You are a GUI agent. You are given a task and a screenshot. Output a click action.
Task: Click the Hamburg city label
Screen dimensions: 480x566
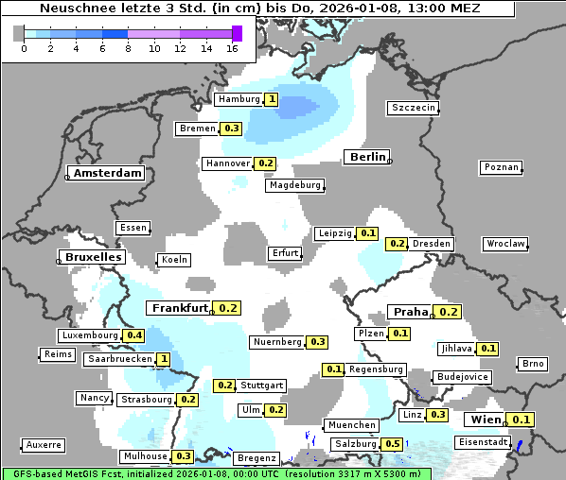click(x=239, y=99)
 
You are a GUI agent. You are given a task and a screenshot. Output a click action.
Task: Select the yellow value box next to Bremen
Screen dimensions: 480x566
click(x=232, y=129)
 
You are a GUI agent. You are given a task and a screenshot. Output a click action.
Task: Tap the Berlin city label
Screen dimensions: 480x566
click(x=367, y=157)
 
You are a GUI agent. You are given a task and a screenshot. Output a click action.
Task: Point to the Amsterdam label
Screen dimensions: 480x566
click(x=107, y=173)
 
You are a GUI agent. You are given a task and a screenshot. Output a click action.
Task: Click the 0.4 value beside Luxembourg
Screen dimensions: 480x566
click(x=133, y=335)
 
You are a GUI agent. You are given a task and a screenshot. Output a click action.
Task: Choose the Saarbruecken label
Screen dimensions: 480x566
click(x=118, y=359)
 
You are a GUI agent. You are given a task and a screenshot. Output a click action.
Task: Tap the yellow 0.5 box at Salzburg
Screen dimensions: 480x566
click(x=393, y=444)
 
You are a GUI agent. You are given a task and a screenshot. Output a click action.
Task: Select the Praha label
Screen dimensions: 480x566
click(x=411, y=312)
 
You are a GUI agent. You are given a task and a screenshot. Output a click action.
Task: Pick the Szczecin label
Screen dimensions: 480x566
click(x=414, y=108)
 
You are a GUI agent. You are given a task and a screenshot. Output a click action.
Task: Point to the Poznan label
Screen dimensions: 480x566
click(x=502, y=167)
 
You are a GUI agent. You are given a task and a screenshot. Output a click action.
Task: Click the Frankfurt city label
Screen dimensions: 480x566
click(x=180, y=308)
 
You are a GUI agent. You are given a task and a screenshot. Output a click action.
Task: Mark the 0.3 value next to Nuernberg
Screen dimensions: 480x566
click(x=317, y=342)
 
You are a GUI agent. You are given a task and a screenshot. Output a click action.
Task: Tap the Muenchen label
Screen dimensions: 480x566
click(x=350, y=425)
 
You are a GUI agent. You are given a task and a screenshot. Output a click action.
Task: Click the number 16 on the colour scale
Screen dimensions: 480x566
click(x=232, y=47)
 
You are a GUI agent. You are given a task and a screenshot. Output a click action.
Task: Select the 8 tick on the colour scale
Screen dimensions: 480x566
click(x=128, y=47)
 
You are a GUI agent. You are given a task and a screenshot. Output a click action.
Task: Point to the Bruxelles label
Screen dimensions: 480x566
click(x=93, y=257)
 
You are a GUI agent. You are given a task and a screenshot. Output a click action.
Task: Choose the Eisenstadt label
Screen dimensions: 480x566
click(x=483, y=442)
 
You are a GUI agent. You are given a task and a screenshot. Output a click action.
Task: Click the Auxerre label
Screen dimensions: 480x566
click(x=44, y=444)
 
